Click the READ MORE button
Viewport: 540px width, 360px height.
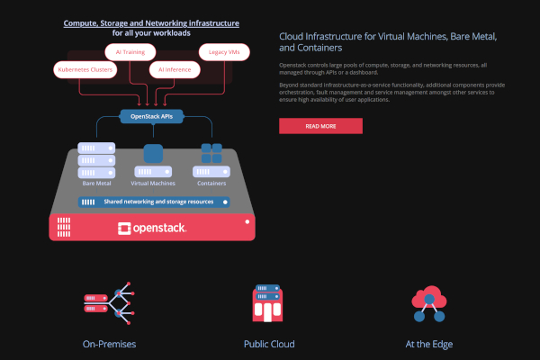coord(320,126)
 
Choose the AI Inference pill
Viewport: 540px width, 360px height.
coord(174,68)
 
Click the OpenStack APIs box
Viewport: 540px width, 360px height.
coord(152,116)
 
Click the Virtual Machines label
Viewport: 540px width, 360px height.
coord(153,183)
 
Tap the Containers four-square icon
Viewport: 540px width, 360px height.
coord(211,154)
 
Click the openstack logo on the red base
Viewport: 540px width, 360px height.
coord(152,229)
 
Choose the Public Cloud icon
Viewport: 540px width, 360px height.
coord(268,305)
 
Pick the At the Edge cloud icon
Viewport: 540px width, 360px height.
coord(428,304)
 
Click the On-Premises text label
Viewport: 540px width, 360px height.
coord(107,344)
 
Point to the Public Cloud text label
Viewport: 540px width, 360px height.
coord(268,344)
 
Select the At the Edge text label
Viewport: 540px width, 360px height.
coord(428,344)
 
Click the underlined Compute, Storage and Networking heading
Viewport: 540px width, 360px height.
coord(151,22)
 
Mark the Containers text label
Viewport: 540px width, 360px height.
coord(211,183)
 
